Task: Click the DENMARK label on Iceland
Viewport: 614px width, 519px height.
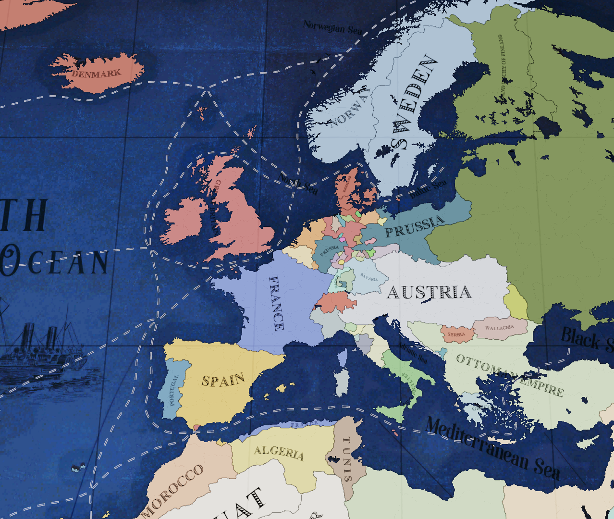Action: (x=97, y=74)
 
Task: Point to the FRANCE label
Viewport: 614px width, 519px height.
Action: (x=276, y=304)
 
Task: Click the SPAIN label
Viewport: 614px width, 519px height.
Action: (x=223, y=380)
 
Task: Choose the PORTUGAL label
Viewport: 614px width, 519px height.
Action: (x=173, y=390)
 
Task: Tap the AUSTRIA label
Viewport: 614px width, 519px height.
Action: (x=429, y=292)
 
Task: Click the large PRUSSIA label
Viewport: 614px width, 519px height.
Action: (x=414, y=226)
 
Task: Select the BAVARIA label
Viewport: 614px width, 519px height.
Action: (x=368, y=277)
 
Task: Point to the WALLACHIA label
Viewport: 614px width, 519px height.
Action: (x=499, y=328)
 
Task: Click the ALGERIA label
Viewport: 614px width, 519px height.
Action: (x=279, y=453)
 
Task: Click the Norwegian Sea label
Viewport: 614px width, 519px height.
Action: (x=332, y=27)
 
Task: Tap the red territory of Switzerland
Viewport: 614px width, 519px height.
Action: (x=335, y=303)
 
